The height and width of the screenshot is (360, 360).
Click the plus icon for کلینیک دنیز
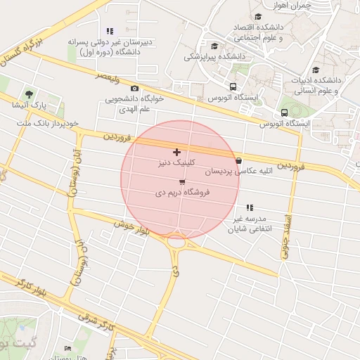[x=176, y=152]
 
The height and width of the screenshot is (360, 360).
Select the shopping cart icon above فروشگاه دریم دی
[x=182, y=182]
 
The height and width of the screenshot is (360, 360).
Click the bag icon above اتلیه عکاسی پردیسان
[x=239, y=160]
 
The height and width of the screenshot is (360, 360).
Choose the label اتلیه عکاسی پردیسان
[x=229, y=171]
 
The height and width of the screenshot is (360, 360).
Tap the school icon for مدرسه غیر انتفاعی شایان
[x=250, y=207]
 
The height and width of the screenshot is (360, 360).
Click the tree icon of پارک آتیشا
[x=29, y=94]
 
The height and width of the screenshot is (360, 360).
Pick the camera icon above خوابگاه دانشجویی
[x=134, y=88]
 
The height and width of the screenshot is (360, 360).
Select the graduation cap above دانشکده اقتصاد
[x=257, y=16]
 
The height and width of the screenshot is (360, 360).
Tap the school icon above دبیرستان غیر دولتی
[x=109, y=31]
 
